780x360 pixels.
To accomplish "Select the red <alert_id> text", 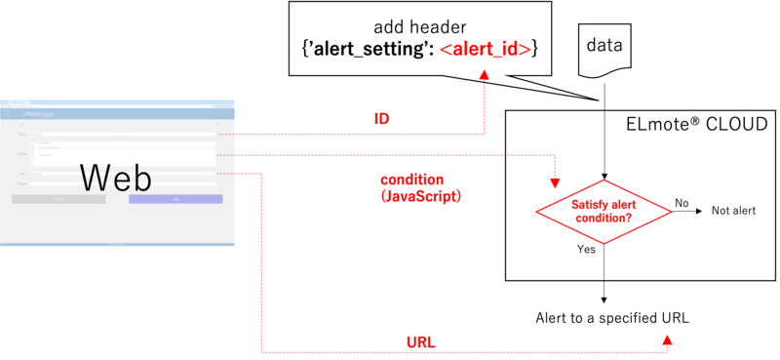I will coord(485,49).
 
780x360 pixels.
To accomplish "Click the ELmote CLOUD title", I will coord(696,125).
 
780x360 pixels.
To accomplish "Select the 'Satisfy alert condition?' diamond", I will coord(605,212).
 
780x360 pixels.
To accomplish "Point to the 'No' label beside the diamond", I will coord(682,203).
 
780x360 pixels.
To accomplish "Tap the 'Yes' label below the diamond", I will coord(586,250).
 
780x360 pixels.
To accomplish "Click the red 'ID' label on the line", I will coord(381,119).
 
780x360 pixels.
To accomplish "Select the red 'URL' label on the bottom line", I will coord(419,340).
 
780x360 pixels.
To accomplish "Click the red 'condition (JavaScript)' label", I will coord(419,188).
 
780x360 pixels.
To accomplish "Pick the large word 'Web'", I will coord(115,178).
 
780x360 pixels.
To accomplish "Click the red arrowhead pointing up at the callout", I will coord(485,90).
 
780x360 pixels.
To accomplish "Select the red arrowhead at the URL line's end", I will coord(668,340).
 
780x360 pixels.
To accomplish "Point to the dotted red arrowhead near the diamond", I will coord(556,182).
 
